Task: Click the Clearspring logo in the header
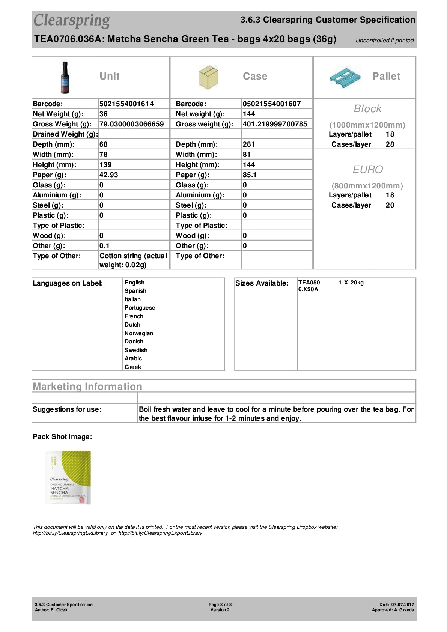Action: (x=72, y=21)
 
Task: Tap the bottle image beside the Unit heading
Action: (x=65, y=78)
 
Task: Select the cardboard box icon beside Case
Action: (x=208, y=77)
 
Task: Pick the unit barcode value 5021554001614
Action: (x=126, y=104)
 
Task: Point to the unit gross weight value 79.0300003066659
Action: (x=131, y=124)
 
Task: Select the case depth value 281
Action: (x=248, y=144)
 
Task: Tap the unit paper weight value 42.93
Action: (x=108, y=175)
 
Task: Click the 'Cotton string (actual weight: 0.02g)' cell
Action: (x=133, y=260)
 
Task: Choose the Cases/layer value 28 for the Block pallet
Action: (x=390, y=144)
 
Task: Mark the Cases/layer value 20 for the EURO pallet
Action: (x=390, y=205)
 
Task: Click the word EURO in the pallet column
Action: (x=368, y=170)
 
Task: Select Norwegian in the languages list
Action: (x=138, y=333)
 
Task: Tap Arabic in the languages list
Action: (x=133, y=358)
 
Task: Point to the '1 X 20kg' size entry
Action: (x=351, y=283)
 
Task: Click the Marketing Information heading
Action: (x=87, y=387)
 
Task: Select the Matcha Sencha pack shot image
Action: (x=68, y=477)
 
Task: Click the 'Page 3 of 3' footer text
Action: (x=220, y=605)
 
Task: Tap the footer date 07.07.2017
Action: (x=402, y=605)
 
